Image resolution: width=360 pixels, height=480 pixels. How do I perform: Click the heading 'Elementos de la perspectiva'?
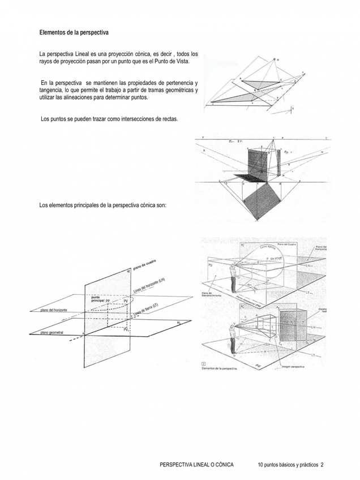click(74, 33)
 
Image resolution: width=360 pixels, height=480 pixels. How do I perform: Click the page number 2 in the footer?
click(322, 465)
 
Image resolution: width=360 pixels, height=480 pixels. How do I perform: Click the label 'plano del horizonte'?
click(55, 310)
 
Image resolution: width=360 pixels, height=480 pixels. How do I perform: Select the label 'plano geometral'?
click(52, 333)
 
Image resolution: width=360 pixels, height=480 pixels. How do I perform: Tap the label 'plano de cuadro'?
click(145, 265)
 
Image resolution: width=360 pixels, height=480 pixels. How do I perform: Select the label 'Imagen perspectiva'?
click(293, 366)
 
